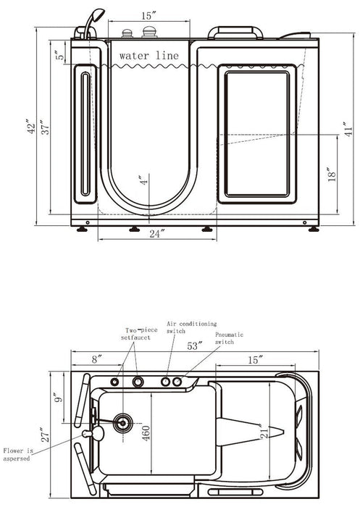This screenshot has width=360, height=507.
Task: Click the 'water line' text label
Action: pos(148,56)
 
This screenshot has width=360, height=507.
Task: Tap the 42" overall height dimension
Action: pos(31,127)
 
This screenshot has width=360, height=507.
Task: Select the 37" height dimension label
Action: pos(46,127)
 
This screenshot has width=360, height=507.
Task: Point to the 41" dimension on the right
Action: pos(348,130)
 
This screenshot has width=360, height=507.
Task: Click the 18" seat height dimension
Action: pos(332,175)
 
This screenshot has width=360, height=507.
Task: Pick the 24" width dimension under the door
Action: pos(157,233)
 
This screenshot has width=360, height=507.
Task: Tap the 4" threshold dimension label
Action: pos(144,180)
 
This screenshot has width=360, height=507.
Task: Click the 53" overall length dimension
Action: pos(195,346)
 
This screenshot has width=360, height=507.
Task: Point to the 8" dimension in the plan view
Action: pos(97,359)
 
